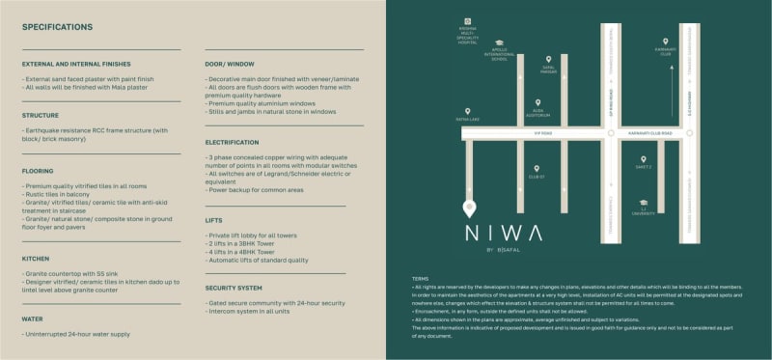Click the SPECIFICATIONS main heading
[58, 26]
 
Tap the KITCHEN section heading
[38, 259]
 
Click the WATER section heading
[33, 318]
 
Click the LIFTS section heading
[215, 220]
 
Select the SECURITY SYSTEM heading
[234, 288]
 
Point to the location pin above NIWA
[470, 208]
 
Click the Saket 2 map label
[644, 167]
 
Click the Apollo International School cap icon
[499, 43]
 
